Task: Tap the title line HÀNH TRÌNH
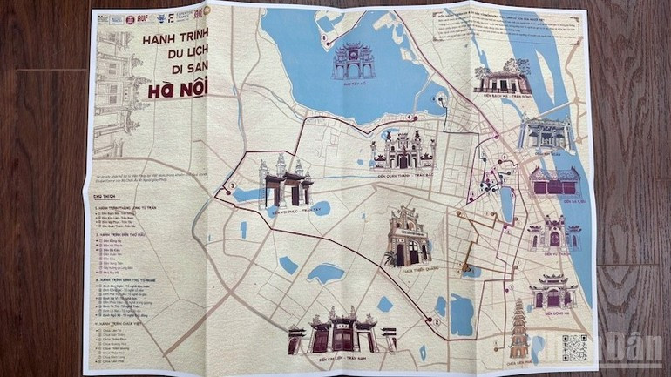tap(178, 41)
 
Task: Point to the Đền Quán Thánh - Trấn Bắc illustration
tap(402, 149)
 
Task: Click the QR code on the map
tap(574, 347)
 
